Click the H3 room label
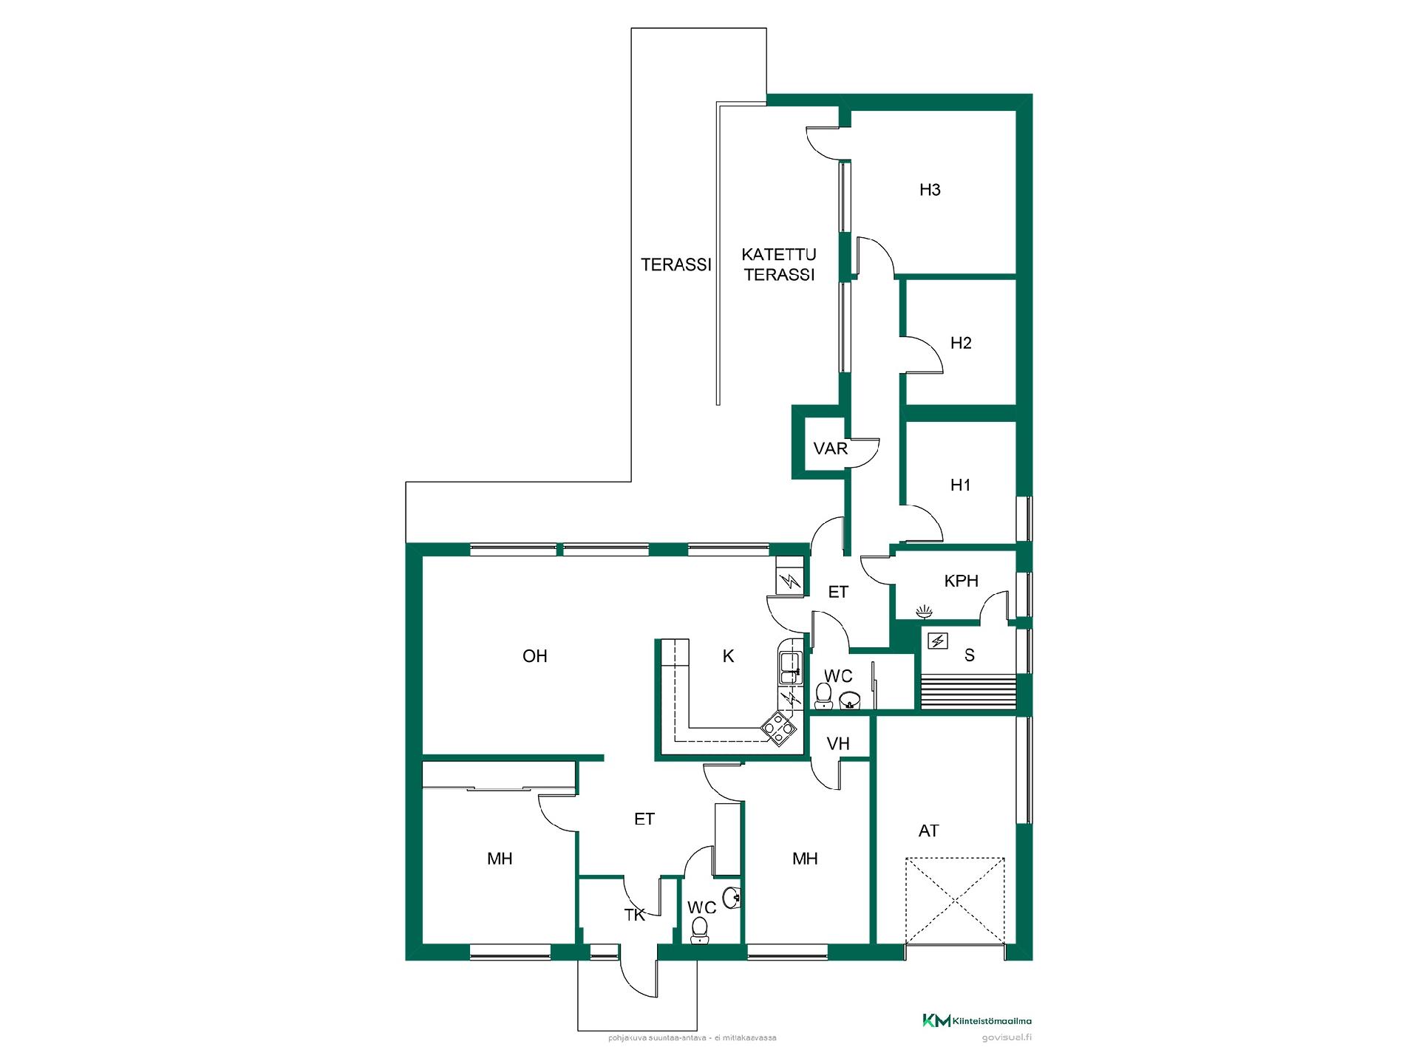pyautogui.click(x=930, y=190)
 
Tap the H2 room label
pyautogui.click(x=961, y=343)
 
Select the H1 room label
pyautogui.click(x=960, y=485)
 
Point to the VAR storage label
pyautogui.click(x=830, y=449)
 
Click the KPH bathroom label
pyautogui.click(x=962, y=582)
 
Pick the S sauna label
pyautogui.click(x=970, y=655)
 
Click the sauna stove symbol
pyautogui.click(x=938, y=641)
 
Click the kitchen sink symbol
pyautogui.click(x=789, y=668)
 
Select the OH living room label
pyautogui.click(x=534, y=656)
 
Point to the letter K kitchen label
pyautogui.click(x=728, y=656)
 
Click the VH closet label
pyautogui.click(x=838, y=744)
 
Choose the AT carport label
pyautogui.click(x=928, y=831)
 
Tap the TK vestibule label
pyautogui.click(x=635, y=915)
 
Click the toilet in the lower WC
pyautogui.click(x=699, y=931)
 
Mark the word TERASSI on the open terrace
pyautogui.click(x=676, y=265)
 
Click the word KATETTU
pyautogui.click(x=779, y=255)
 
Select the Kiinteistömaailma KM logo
pyautogui.click(x=977, y=1021)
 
